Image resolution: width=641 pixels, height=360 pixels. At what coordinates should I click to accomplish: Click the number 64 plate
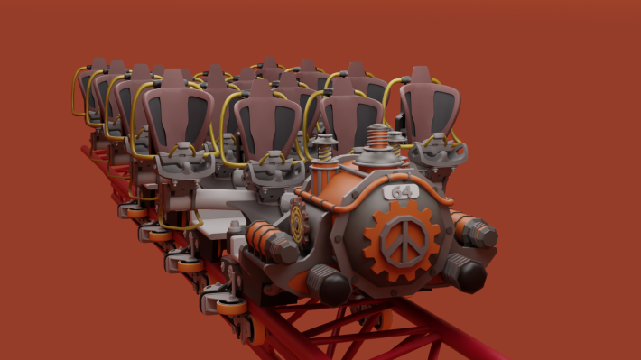coord(401,192)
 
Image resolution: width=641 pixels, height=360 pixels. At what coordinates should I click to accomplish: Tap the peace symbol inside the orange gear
coord(404,241)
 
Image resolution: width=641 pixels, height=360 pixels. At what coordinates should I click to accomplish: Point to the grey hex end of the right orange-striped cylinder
coord(482,234)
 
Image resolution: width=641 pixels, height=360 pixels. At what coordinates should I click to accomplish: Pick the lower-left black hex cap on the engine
coord(330,286)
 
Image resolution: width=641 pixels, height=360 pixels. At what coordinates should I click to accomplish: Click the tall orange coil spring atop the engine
coord(377,136)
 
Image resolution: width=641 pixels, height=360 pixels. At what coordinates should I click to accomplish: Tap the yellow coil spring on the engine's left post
coord(325,152)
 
